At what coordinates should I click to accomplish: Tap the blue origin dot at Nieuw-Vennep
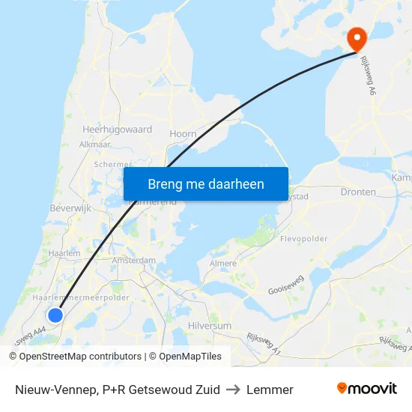click(55, 315)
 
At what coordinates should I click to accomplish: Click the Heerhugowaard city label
click(117, 130)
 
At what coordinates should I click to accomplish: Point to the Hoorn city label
click(184, 134)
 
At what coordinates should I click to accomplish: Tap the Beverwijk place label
click(70, 207)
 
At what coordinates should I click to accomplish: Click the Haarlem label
click(64, 254)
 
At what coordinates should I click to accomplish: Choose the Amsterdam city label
click(133, 260)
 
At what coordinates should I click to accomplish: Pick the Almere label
click(223, 264)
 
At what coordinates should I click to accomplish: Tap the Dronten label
click(358, 193)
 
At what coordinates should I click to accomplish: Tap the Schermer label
click(113, 165)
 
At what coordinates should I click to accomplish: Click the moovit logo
click(367, 389)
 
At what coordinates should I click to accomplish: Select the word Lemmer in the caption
click(270, 390)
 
